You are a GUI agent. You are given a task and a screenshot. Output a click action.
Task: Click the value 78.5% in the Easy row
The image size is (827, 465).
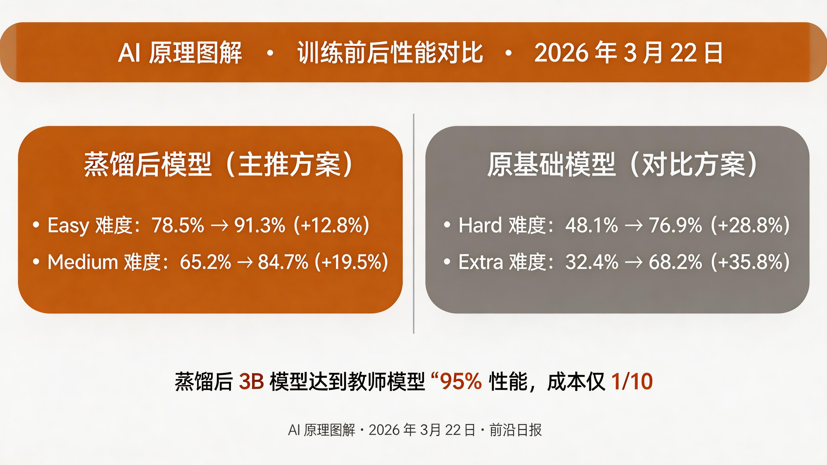tap(177, 225)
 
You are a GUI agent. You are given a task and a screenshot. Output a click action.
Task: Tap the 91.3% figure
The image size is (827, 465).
tap(260, 225)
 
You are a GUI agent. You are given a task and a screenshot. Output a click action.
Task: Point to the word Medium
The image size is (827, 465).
tap(83, 262)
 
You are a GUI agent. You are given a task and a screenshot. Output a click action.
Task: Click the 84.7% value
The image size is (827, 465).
tap(283, 262)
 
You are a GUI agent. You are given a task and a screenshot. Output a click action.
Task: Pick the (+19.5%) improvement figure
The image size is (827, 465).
tap(351, 262)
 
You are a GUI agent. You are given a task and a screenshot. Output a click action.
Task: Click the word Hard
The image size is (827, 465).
tap(480, 225)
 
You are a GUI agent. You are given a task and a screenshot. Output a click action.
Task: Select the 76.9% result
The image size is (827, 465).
tap(675, 225)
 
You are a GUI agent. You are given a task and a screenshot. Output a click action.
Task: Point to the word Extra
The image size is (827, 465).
tap(481, 262)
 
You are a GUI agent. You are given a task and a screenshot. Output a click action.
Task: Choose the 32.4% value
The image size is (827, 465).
tap(592, 262)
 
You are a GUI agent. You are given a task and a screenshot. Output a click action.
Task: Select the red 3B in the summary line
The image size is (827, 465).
tap(251, 382)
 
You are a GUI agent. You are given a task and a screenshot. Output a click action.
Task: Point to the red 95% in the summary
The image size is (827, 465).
tap(461, 382)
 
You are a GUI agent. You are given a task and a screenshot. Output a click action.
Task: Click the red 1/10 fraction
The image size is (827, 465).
tap(632, 382)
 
